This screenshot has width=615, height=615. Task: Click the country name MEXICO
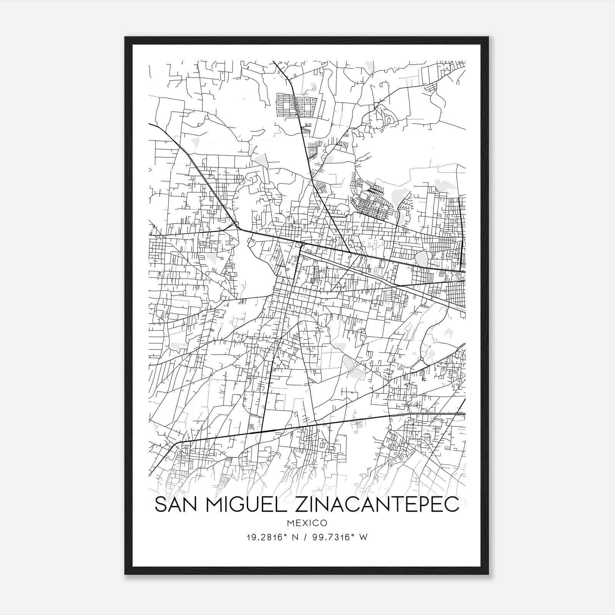(x=307, y=523)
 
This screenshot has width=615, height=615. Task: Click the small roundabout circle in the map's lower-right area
(x=422, y=359)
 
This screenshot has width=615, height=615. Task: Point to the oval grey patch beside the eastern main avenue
(x=422, y=259)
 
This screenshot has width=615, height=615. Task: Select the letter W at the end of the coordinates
(x=364, y=537)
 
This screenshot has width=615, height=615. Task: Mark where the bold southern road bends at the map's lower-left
(x=176, y=444)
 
